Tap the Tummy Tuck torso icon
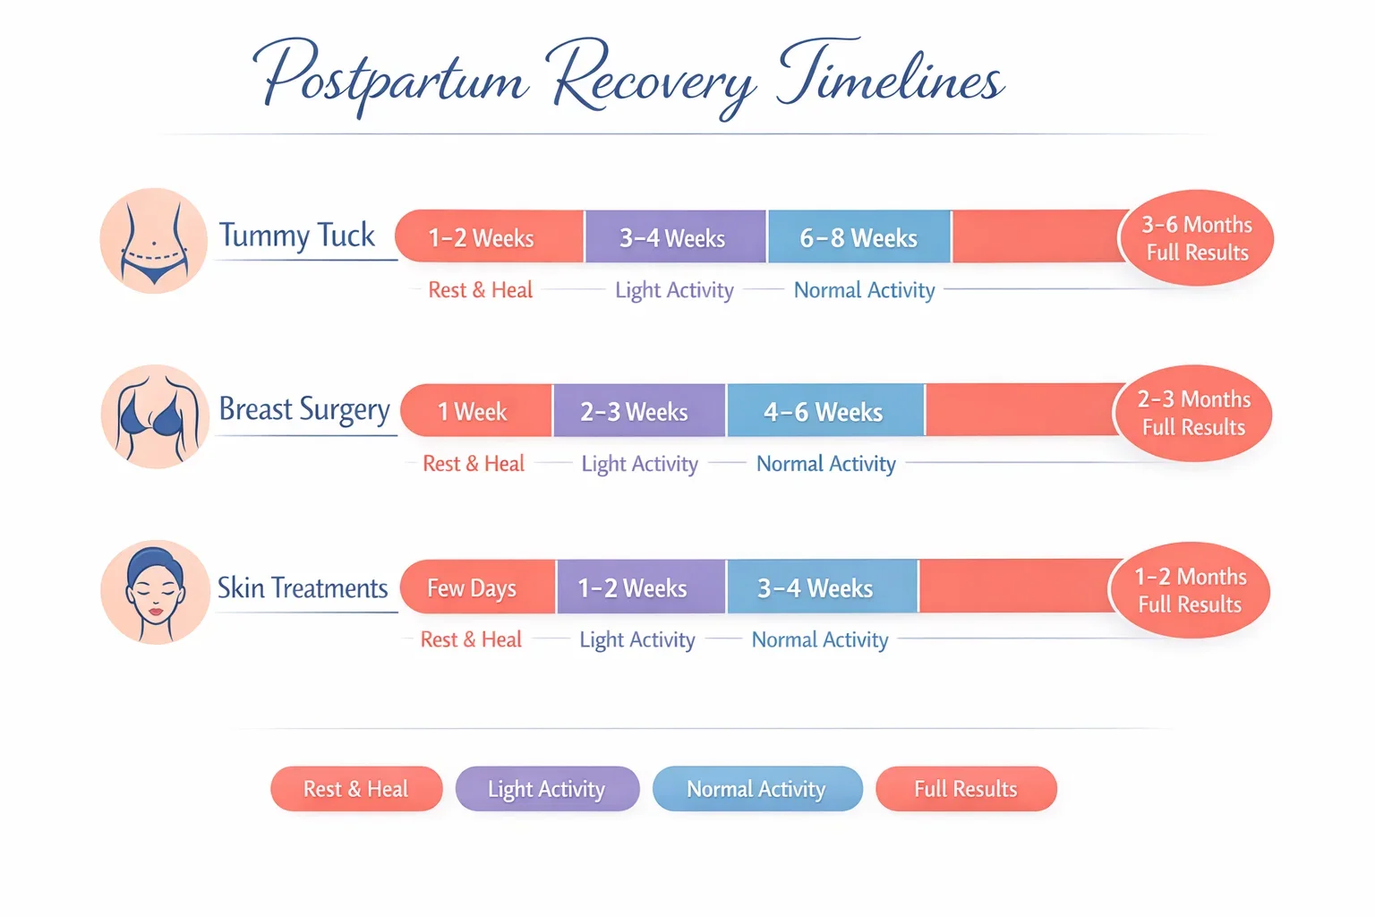pos(154,240)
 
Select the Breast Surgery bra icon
pos(155,416)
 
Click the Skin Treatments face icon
pos(155,592)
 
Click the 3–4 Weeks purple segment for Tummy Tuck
pos(674,237)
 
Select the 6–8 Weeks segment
pos(858,237)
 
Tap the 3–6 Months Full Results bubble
pos(1196,238)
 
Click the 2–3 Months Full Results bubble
pos(1192,413)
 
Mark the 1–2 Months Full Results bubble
pos(1190,590)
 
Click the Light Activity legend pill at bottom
pos(547,789)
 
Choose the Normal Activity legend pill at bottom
pos(756,789)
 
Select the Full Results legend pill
pos(966,789)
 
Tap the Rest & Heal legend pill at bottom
pos(356,789)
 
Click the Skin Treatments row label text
pos(303,588)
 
